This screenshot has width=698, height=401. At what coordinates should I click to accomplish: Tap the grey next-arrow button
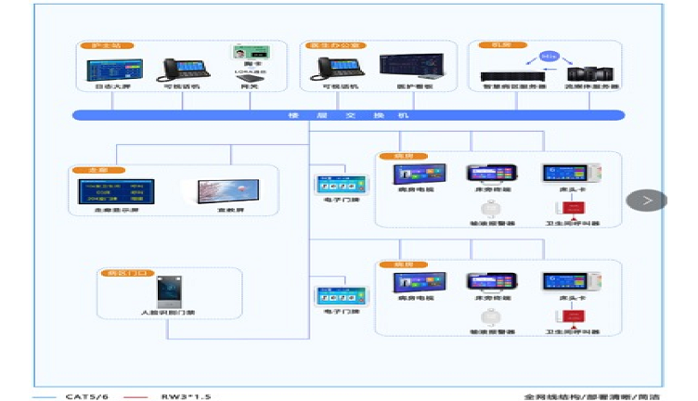[647, 200]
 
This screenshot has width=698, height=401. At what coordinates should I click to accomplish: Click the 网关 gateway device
[248, 77]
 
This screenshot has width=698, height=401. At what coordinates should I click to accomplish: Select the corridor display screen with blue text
[112, 192]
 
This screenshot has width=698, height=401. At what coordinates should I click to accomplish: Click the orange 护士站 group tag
[94, 45]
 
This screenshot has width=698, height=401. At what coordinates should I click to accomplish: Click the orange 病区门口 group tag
[117, 274]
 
